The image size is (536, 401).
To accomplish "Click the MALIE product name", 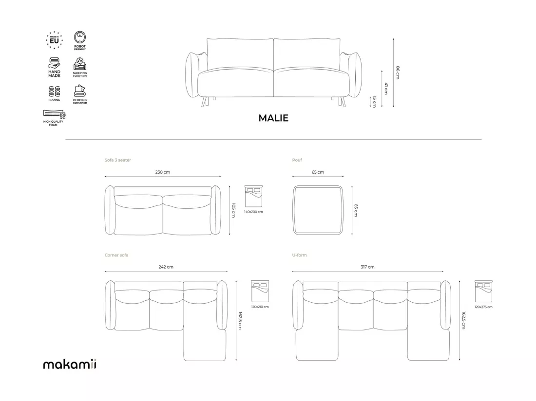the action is [x=273, y=118].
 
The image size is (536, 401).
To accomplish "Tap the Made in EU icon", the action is [x=55, y=40].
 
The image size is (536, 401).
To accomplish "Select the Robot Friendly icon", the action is [x=80, y=40].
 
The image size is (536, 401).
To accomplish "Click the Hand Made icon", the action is [x=55, y=67].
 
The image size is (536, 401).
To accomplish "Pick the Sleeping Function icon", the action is [x=80, y=67].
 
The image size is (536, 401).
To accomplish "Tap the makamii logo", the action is [x=70, y=365].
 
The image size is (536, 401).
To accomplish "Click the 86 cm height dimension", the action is [x=398, y=73].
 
